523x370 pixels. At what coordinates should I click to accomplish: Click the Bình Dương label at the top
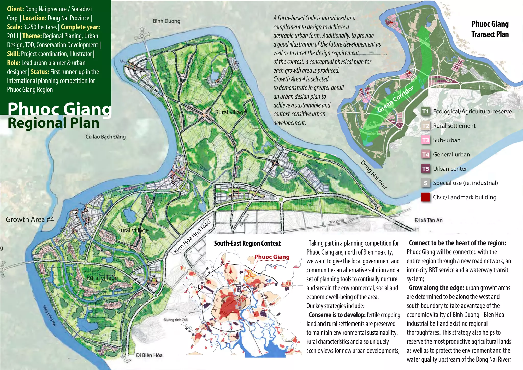pos(167,21)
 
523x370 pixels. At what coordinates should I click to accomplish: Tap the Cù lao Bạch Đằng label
pos(105,137)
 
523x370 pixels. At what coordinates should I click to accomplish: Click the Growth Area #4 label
pos(30,219)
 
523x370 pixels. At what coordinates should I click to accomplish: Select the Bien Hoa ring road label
pos(192,236)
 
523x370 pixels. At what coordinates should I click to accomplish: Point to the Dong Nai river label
pos(374,175)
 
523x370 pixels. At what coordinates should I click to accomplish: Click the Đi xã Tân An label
pos(429,220)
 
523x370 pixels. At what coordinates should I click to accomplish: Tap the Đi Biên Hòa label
pos(149,355)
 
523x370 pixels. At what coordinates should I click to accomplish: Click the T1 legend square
pos(425,111)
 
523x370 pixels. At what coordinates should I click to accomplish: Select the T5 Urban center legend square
pos(425,169)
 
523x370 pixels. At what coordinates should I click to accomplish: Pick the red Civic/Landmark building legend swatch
pos(425,197)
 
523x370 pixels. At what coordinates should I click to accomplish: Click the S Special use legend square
pos(425,183)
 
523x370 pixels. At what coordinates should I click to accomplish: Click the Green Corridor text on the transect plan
pos(396,99)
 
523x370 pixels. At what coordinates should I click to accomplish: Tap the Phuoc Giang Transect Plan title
pos(490,29)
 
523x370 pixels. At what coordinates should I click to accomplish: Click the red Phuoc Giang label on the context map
pos(272,257)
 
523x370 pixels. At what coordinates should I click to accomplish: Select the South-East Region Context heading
pos(247,243)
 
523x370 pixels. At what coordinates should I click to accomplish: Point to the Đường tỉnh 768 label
pos(175,320)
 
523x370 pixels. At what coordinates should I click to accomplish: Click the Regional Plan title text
pos(54,123)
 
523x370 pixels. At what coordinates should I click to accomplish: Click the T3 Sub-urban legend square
pos(425,140)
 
